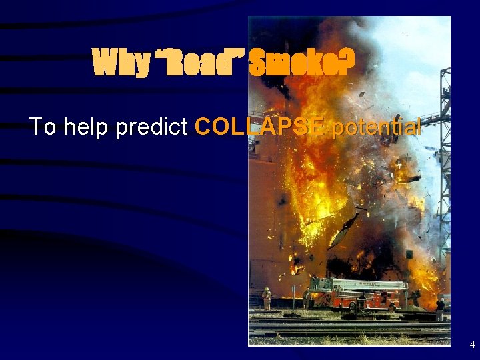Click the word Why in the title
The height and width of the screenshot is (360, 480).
point(121,64)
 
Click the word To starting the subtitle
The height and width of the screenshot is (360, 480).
point(43,127)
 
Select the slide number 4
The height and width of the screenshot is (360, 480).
point(472,345)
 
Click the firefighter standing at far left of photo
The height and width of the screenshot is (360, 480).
point(267,298)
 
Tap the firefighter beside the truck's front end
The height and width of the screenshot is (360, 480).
point(307,299)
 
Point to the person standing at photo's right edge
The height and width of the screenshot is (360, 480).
point(440,309)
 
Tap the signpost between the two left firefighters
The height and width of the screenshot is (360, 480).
point(293,297)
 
